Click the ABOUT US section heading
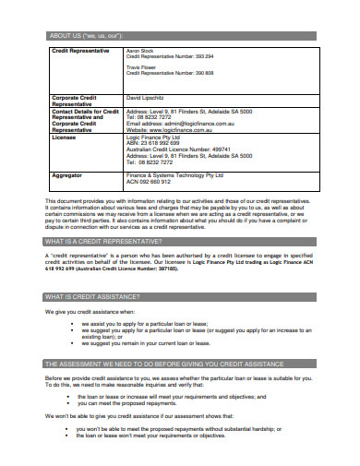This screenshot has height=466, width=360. coord(84,36)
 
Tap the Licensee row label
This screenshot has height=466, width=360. coord(64,137)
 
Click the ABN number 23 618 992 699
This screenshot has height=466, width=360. coord(153,144)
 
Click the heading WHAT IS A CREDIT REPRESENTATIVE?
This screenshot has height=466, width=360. coord(104,242)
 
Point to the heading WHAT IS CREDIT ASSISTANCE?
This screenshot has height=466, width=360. coord(93,296)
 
